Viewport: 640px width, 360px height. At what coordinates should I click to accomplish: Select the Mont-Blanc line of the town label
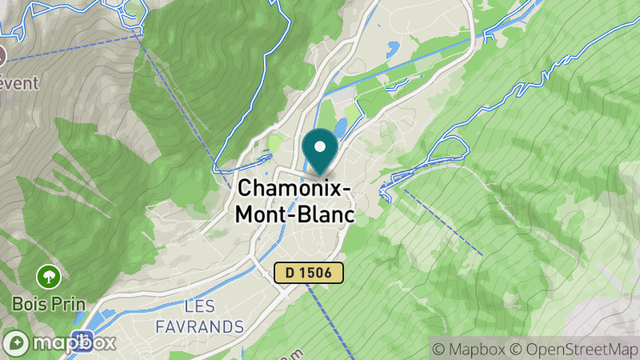tap(294, 215)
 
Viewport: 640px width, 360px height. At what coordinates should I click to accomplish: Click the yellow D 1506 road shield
tap(308, 273)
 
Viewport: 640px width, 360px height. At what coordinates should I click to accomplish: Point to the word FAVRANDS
tap(199, 326)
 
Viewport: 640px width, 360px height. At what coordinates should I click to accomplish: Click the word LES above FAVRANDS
tap(199, 306)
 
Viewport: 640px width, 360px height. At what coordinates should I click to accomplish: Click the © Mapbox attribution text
tap(468, 349)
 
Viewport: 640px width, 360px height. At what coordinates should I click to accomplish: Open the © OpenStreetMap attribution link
tap(573, 349)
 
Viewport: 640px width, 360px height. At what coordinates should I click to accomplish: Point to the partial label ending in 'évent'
tap(19, 83)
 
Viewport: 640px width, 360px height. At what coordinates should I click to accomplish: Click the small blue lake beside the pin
tap(342, 127)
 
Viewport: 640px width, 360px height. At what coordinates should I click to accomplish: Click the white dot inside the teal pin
tap(320, 146)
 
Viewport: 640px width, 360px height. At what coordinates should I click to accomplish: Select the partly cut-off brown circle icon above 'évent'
tap(2, 56)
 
